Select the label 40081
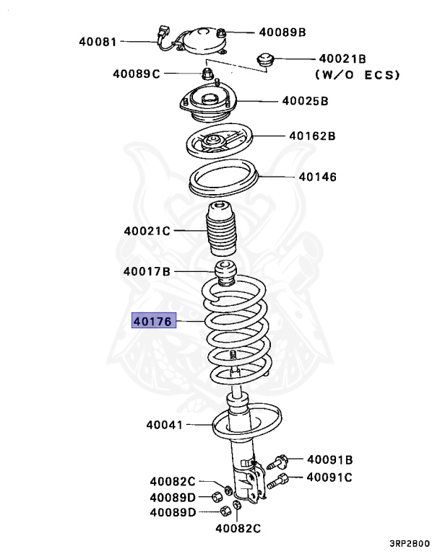(x=98, y=42)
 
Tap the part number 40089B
(x=282, y=32)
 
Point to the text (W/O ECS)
(x=357, y=74)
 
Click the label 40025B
(x=305, y=101)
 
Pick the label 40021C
(x=147, y=231)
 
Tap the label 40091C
(x=329, y=477)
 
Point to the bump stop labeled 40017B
(x=227, y=275)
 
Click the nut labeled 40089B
(x=223, y=32)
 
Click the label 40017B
(x=147, y=272)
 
